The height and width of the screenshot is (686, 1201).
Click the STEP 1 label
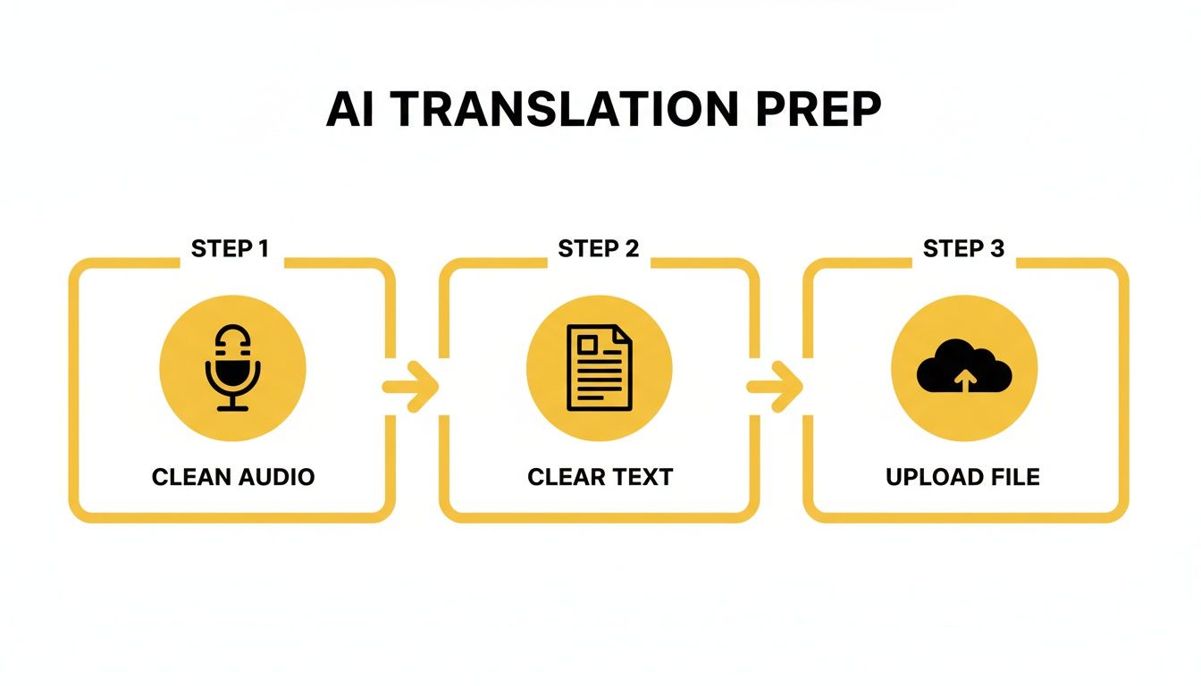tap(230, 248)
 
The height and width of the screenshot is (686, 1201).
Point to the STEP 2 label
tap(598, 248)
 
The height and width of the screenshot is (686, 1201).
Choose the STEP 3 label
tap(963, 248)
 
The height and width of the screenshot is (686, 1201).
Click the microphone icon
tap(232, 368)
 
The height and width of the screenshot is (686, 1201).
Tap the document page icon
tap(599, 368)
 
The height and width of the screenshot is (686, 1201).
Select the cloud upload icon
tap(964, 367)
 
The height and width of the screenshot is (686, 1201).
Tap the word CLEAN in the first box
tap(189, 477)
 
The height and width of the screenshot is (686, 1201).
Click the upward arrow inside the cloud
tap(964, 381)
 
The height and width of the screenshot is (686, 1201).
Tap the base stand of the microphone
tap(232, 408)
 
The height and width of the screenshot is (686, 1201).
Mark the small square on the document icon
tap(587, 345)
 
